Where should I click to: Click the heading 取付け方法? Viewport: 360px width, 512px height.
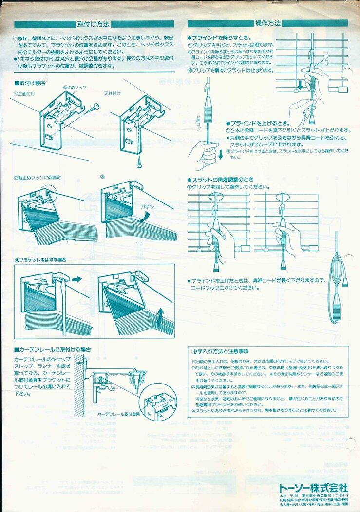pos(93,24)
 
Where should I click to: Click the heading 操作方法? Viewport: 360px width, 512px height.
pos(267,23)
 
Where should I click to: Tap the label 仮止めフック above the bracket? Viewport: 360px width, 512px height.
pos(75,87)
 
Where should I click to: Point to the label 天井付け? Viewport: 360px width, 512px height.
pos(113,93)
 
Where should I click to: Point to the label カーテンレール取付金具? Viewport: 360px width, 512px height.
pos(118,413)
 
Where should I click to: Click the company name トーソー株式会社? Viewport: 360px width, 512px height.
pos(313,487)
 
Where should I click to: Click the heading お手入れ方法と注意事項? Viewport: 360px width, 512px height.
pos(221,351)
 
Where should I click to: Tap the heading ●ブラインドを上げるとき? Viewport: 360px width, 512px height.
pos(258,123)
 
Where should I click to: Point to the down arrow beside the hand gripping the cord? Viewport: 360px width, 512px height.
pos(220,155)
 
